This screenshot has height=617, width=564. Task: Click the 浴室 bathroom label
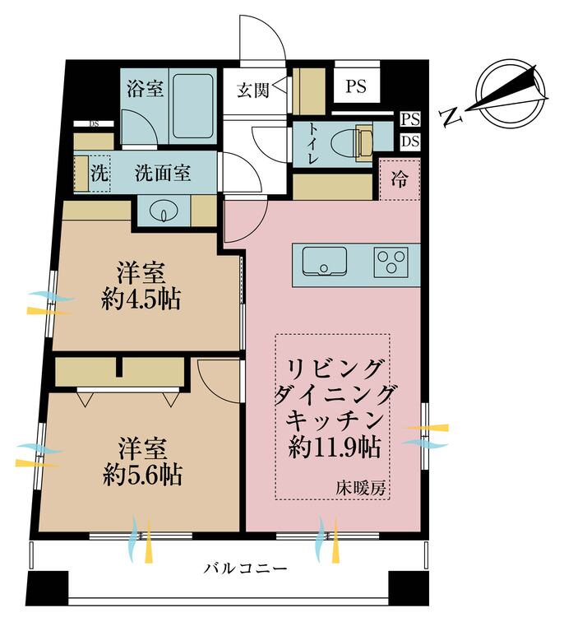(145, 89)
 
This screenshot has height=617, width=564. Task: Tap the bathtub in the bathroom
(193, 106)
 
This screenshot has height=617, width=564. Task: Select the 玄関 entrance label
(253, 90)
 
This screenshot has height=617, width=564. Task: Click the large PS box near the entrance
(356, 86)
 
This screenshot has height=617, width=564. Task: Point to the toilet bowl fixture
(351, 142)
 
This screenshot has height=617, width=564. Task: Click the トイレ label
(313, 143)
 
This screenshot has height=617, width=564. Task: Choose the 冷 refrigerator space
(400, 179)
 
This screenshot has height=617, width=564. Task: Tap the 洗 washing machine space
(99, 173)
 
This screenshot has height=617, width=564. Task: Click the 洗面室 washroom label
(163, 173)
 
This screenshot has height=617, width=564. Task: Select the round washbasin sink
(164, 211)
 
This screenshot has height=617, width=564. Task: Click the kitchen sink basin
(325, 261)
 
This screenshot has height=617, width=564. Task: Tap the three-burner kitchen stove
(391, 262)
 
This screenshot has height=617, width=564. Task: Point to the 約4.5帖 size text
(141, 299)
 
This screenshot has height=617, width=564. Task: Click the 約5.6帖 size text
(142, 476)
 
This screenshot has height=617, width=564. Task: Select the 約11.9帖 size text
(335, 448)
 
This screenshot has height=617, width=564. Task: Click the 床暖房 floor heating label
(360, 489)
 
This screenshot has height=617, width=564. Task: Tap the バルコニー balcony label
(245, 568)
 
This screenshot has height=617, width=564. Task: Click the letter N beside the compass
(451, 117)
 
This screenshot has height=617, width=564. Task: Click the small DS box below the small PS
(410, 141)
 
